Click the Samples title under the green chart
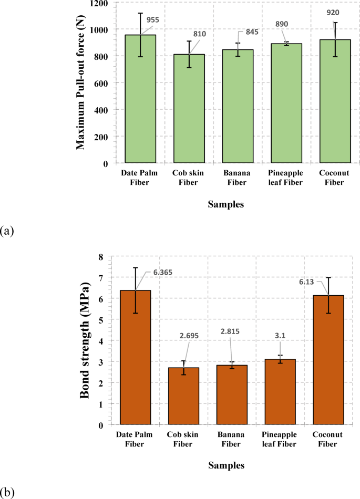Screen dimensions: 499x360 click(225, 205)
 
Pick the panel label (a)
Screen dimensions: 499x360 click(7, 230)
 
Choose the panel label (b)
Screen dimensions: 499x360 click(7, 492)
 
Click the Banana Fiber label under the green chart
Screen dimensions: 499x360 click(238, 178)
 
